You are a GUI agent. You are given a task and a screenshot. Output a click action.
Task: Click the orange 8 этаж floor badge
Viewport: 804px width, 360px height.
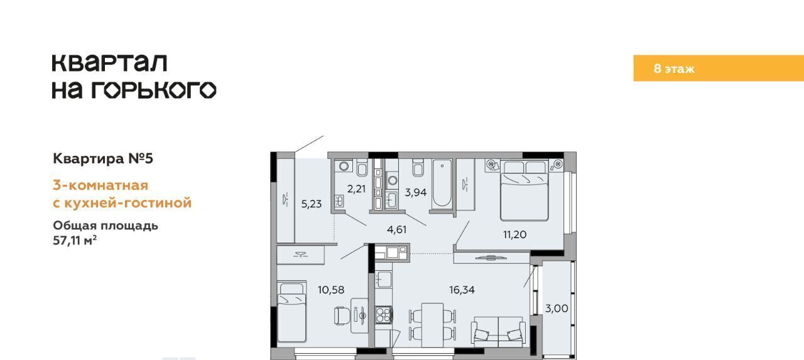click(x=718, y=68)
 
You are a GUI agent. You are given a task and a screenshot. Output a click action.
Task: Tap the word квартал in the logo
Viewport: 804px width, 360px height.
click(x=109, y=63)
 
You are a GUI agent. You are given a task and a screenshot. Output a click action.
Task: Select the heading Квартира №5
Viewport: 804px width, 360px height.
click(x=103, y=158)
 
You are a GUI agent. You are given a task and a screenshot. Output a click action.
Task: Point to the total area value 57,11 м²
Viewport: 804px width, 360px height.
click(x=75, y=240)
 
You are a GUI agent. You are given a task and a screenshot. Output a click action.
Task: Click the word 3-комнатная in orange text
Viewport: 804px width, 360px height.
click(x=100, y=185)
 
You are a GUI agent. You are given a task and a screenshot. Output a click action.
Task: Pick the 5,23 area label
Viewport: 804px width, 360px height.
click(x=311, y=204)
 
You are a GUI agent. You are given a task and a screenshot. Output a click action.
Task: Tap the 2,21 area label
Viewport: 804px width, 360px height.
click(x=356, y=188)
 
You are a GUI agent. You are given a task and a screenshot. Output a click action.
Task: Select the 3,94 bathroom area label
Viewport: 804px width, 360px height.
click(x=416, y=192)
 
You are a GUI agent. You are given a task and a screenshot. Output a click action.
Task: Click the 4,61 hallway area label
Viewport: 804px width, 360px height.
click(x=396, y=230)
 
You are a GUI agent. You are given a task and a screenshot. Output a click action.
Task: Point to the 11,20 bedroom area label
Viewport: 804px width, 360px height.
click(x=514, y=235)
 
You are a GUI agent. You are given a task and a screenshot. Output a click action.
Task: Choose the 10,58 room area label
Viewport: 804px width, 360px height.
click(x=331, y=290)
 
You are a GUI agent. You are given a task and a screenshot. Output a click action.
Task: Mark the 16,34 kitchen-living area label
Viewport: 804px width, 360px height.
click(x=462, y=290)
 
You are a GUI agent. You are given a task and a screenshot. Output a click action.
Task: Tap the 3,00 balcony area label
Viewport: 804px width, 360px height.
click(x=557, y=308)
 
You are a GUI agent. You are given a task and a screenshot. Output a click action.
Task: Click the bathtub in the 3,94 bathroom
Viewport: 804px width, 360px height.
click(x=442, y=183)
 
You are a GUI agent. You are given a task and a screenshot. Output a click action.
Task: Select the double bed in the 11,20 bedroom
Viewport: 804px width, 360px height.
click(x=524, y=190)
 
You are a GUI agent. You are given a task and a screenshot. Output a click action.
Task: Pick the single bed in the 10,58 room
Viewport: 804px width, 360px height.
click(x=292, y=312)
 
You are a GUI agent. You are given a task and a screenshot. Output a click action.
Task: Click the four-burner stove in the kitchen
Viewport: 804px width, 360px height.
click(x=384, y=315)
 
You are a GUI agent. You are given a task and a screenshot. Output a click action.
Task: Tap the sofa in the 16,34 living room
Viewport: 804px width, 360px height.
click(x=498, y=332)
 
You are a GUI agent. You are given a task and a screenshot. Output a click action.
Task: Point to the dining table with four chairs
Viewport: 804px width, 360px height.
click(x=433, y=325)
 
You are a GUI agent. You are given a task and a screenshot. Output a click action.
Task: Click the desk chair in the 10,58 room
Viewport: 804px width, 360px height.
click(x=341, y=316)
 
